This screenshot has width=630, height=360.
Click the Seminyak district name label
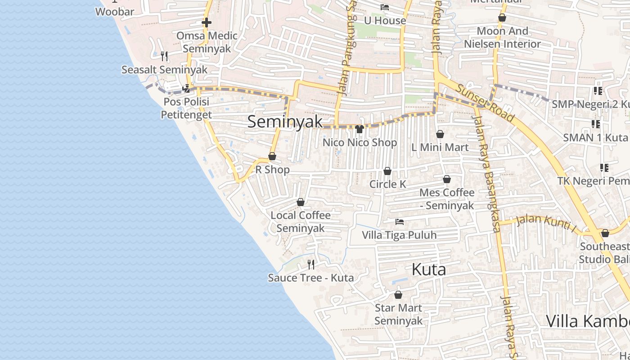pos(285,121)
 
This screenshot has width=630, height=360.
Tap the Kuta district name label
pos(429,269)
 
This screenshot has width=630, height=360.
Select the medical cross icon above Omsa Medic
pos(207,22)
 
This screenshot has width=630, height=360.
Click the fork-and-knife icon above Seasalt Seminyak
pos(164,56)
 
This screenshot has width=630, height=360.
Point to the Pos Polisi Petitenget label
pos(186,108)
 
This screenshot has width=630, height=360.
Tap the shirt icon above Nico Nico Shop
pos(359,129)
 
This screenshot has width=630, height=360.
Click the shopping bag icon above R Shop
pos(272,156)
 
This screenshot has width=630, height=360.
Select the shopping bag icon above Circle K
pos(387,171)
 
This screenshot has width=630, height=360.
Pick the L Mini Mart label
pos(440,147)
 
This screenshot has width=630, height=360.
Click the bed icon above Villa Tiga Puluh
pos(399,221)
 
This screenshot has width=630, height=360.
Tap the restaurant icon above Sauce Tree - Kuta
pos(310,264)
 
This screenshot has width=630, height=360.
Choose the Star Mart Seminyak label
pos(398,314)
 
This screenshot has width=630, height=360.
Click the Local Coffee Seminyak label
pos(300,221)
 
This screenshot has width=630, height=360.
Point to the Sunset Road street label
pos(485,103)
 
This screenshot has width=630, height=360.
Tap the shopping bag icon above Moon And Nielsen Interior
pos(502,18)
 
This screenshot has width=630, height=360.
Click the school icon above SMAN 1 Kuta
pos(596,124)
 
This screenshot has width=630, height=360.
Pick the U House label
pos(385,20)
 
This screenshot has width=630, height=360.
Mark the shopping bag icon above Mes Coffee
pos(446,179)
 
